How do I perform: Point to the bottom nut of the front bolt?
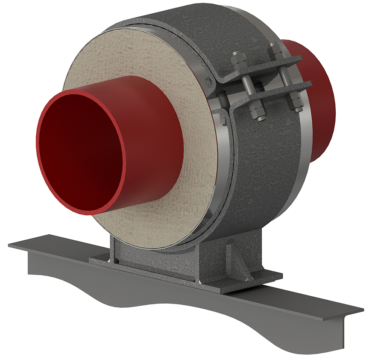click(257, 114)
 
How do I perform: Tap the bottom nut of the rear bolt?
click(295, 102)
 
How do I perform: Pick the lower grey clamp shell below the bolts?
click(265, 171)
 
